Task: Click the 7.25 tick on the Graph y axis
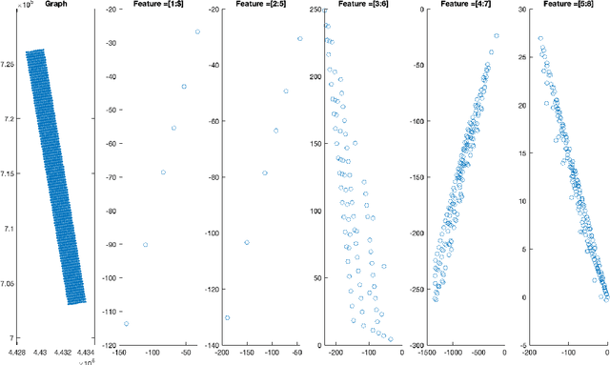click(x=10, y=64)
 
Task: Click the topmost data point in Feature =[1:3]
click(x=197, y=31)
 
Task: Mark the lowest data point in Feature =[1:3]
click(x=126, y=324)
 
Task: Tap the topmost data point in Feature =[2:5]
click(x=299, y=39)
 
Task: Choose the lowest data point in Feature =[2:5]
click(x=228, y=318)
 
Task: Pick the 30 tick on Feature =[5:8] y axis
click(x=520, y=10)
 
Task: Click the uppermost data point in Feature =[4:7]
click(x=496, y=36)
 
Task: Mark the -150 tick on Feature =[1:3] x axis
click(x=119, y=352)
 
